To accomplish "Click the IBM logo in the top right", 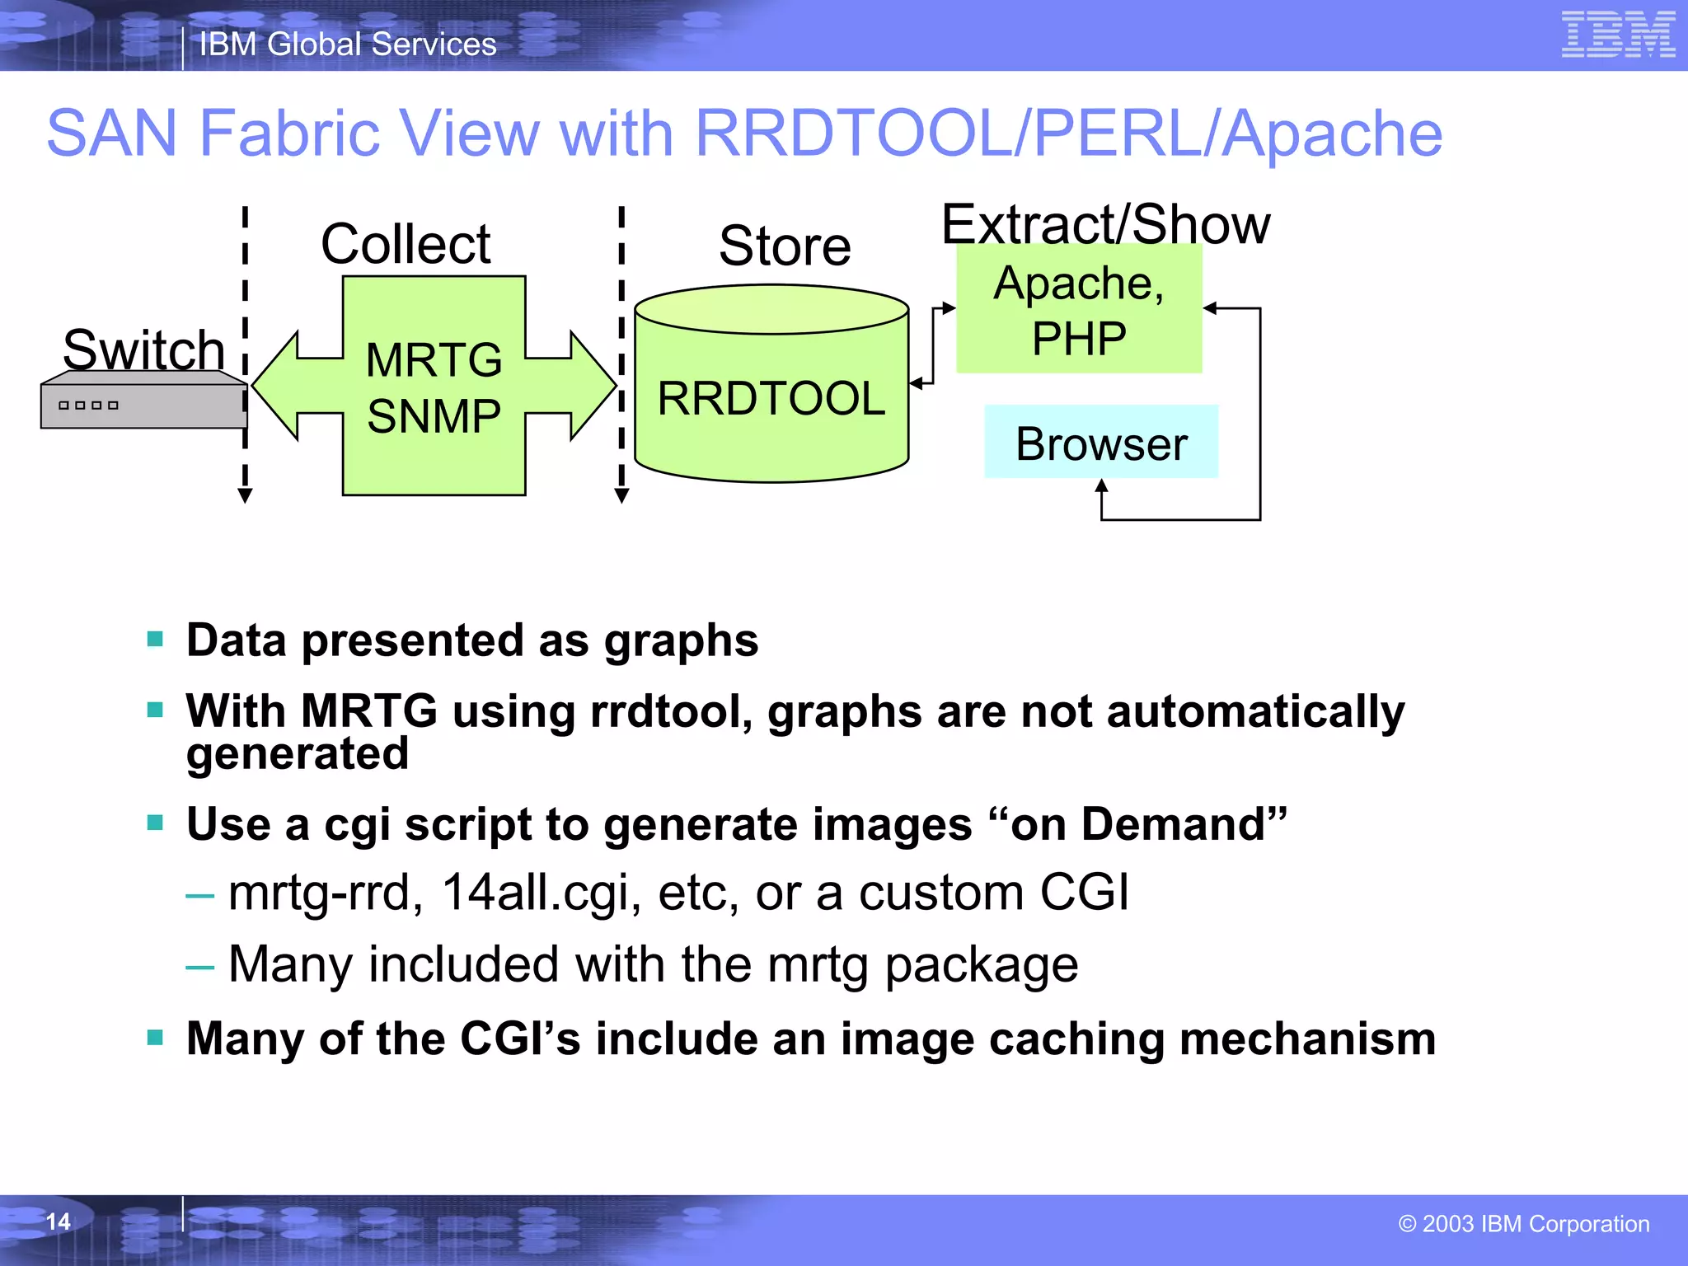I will [1618, 35].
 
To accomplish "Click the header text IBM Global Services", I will [348, 45].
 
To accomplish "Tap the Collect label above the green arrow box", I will [406, 244].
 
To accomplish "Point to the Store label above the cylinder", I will [785, 246].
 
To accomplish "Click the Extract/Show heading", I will [1105, 224].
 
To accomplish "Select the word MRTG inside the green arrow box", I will [434, 360].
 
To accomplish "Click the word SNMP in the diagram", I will [434, 415].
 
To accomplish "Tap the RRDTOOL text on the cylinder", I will [771, 399].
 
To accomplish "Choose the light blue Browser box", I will [1100, 443].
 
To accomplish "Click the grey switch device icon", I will [143, 401].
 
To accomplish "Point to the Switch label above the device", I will [143, 349].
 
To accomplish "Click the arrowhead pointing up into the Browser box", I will [1101, 486].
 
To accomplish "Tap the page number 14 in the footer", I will [58, 1221].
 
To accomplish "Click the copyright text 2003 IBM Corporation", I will [1524, 1224].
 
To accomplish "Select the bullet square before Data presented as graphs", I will [155, 639].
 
